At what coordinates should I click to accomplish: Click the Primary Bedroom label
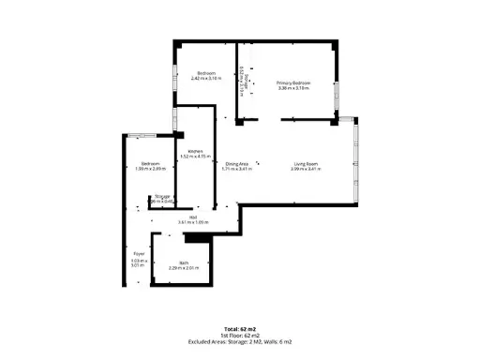(292, 83)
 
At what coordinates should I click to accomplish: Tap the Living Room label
(306, 164)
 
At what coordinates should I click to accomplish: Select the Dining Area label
(237, 164)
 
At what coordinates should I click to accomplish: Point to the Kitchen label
(195, 151)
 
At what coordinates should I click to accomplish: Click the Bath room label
(185, 263)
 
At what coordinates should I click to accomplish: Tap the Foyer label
(138, 254)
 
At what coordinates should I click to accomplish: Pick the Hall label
(192, 217)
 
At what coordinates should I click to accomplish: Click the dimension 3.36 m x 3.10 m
(292, 88)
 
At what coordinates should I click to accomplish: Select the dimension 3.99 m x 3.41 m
(306, 170)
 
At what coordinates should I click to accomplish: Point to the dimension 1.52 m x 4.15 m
(195, 157)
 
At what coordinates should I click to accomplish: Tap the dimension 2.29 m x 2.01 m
(185, 269)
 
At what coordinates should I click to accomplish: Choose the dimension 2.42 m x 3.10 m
(206, 79)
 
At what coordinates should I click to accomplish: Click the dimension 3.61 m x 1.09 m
(192, 222)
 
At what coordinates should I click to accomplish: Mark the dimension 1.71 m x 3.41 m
(237, 170)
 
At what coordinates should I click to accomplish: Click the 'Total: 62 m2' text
(240, 329)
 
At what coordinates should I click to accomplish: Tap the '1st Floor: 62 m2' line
(240, 335)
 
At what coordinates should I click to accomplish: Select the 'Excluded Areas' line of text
(240, 340)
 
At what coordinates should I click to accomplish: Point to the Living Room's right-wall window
(354, 163)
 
